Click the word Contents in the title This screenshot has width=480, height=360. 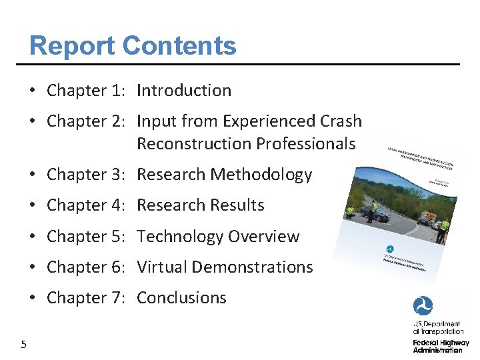click(179, 46)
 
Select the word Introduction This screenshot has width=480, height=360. click(184, 91)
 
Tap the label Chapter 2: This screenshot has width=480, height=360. click(86, 121)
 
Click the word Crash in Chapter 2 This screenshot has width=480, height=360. click(341, 121)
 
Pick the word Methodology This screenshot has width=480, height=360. click(261, 175)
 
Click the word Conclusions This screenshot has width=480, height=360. click(181, 298)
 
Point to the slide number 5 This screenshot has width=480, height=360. click(23, 345)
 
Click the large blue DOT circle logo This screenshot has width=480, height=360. click(423, 307)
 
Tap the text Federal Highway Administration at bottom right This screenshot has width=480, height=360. click(440, 346)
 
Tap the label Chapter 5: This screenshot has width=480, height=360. click(86, 237)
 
